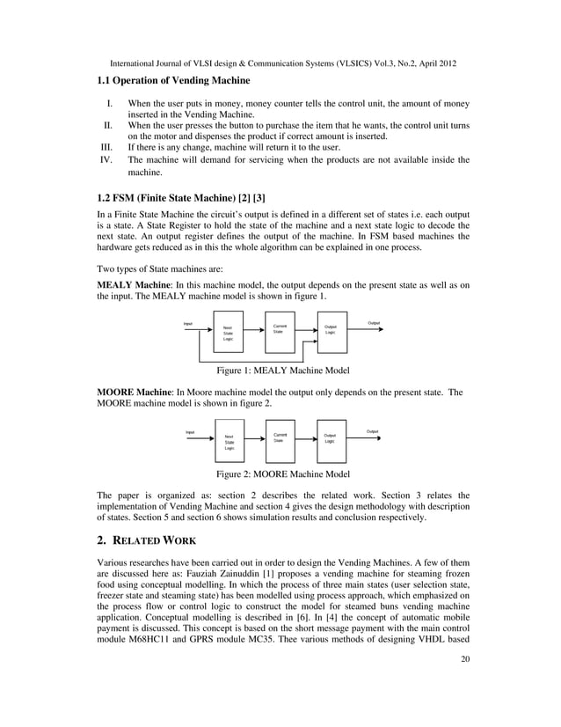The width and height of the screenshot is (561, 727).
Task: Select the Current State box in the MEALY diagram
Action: click(x=278, y=329)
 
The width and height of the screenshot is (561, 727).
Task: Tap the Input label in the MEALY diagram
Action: click(x=187, y=323)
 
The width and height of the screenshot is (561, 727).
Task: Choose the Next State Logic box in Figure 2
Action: click(x=229, y=442)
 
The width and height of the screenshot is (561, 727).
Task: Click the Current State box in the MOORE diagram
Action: click(x=279, y=437)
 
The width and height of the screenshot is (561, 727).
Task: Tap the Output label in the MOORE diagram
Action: click(x=372, y=431)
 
